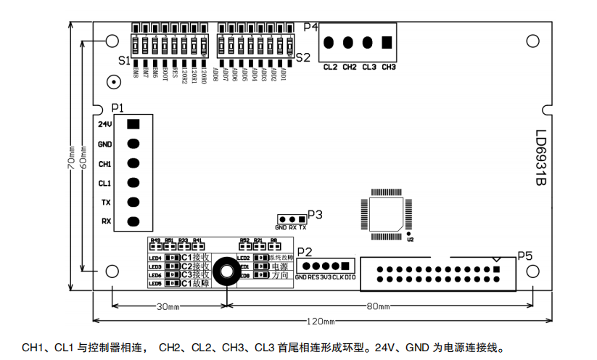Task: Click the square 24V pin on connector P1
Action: click(x=133, y=124)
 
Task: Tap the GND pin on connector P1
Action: click(x=133, y=144)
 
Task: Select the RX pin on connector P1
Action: click(x=133, y=221)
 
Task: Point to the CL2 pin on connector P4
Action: click(x=330, y=43)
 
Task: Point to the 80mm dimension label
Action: click(x=378, y=306)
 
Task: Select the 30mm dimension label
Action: click(x=168, y=306)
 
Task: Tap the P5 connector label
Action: click(x=525, y=255)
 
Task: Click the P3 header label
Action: click(x=315, y=214)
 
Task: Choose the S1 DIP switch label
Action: click(x=123, y=60)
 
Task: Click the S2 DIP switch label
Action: click(x=302, y=57)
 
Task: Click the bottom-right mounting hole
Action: click(x=533, y=271)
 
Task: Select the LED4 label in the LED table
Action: click(x=155, y=258)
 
